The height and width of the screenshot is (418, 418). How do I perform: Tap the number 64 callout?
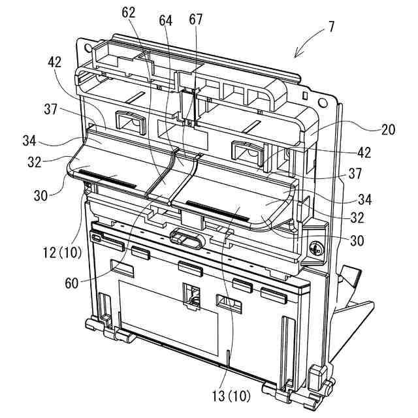pos(165,21)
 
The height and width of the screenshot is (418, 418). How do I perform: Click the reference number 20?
pos(389,130)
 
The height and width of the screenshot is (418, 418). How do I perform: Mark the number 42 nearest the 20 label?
pos(364,153)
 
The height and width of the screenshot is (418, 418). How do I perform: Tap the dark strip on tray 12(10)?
pos(108,179)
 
